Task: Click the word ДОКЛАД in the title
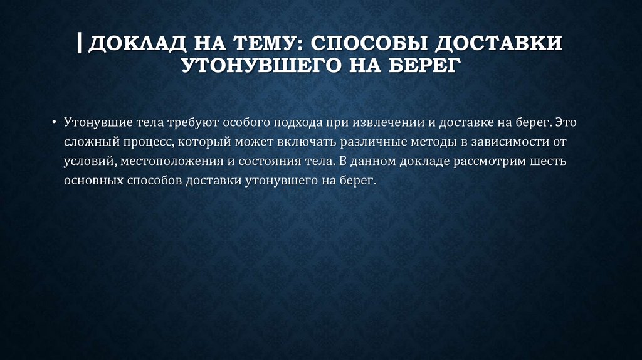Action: (x=129, y=45)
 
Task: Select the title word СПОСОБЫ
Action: (x=371, y=45)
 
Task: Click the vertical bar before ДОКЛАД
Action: (x=81, y=44)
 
